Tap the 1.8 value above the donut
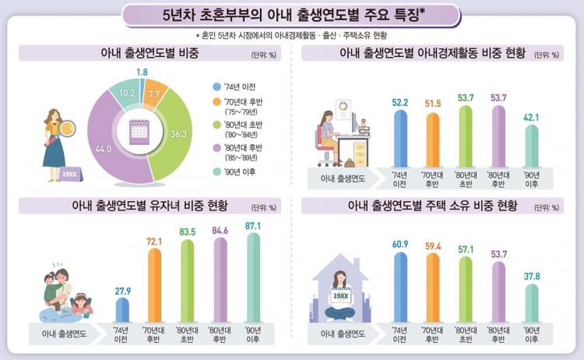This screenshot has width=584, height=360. pos(142,72)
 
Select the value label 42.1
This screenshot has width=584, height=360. pos(531,118)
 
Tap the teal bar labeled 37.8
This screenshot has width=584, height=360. pos(531,302)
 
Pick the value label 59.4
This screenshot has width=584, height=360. pos(434,247)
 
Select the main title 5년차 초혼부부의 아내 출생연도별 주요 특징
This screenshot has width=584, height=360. pos(291,15)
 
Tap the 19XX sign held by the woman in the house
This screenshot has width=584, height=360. pos(339,297)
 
